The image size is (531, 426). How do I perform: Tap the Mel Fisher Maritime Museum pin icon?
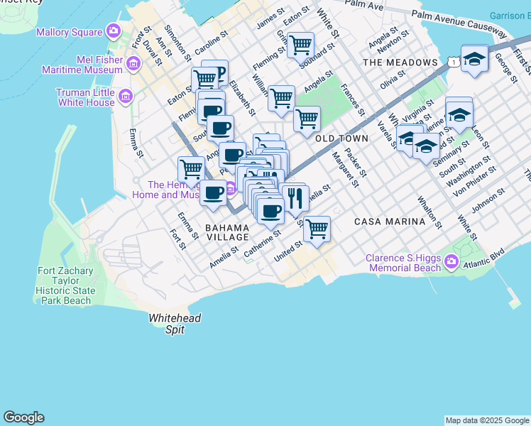point(133,65)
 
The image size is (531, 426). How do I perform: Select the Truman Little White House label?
point(85,97)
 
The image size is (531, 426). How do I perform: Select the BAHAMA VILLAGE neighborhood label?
point(227,232)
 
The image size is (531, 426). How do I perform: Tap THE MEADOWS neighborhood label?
point(400,62)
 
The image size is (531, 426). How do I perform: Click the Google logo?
point(23,417)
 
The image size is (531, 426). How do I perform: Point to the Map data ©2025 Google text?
point(486,420)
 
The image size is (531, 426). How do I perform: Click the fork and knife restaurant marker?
point(293,195)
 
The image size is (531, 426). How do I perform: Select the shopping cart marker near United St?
point(317,229)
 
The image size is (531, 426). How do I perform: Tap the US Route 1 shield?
point(453,62)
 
